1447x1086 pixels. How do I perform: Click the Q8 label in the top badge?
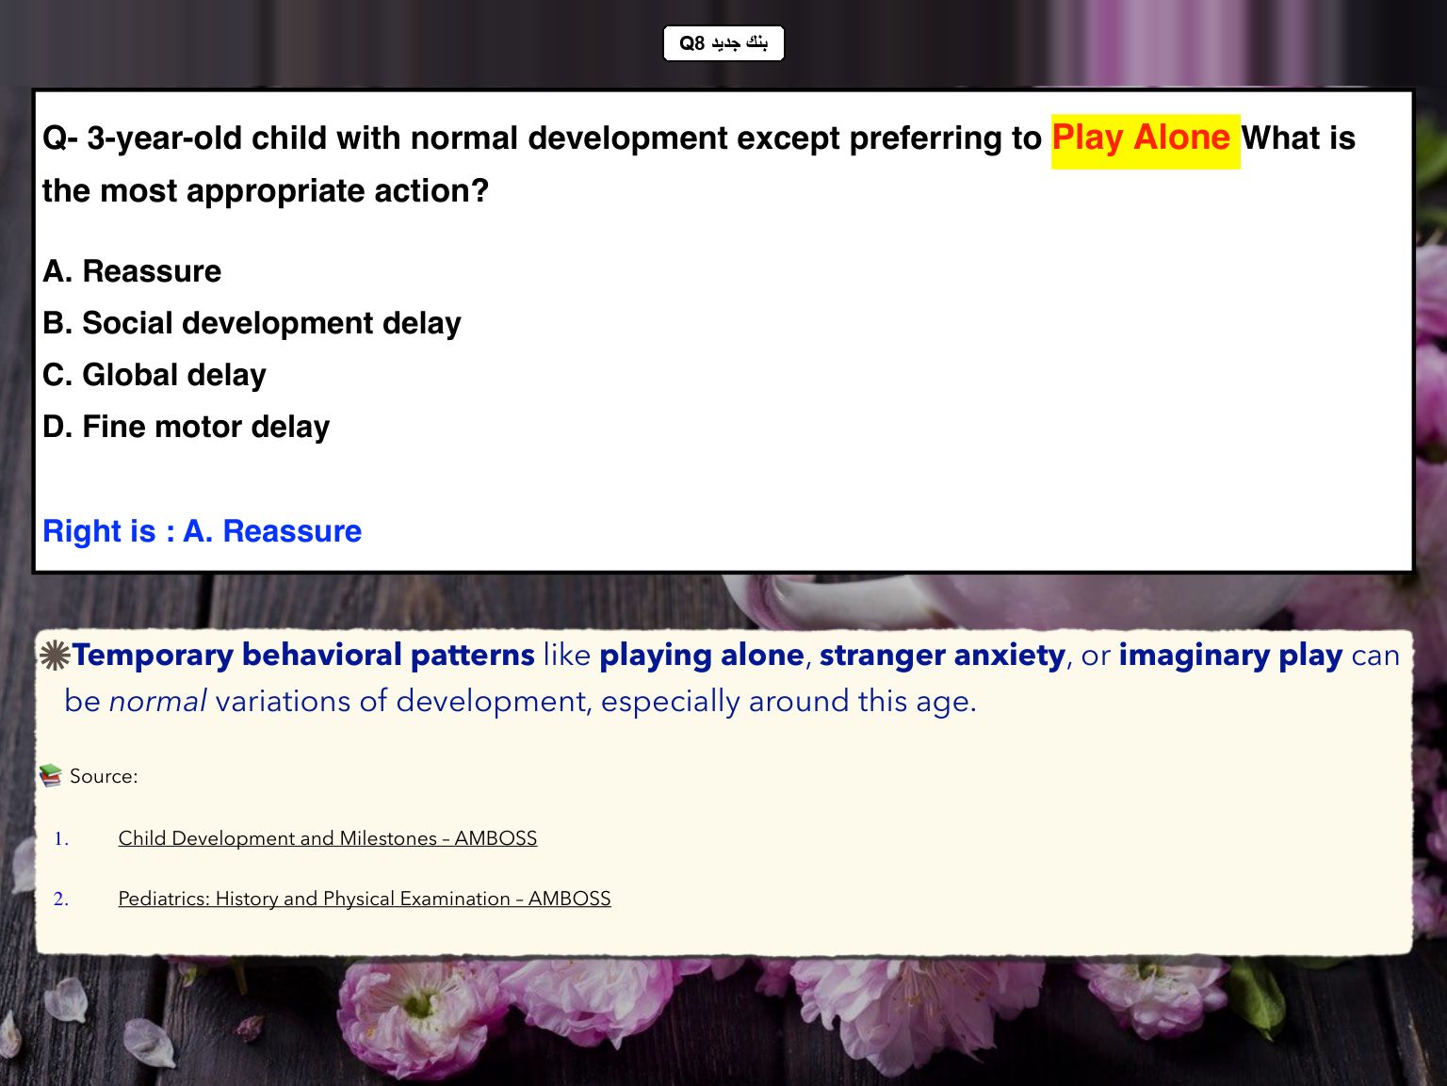pyautogui.click(x=691, y=43)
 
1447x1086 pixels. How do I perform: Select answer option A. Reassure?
pyautogui.click(x=132, y=271)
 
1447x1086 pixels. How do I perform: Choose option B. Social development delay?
pyautogui.click(x=252, y=324)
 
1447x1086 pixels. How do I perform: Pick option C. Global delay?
pyautogui.click(x=154, y=375)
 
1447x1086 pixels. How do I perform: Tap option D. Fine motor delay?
pyautogui.click(x=186, y=427)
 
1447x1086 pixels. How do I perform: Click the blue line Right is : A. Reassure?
pyautogui.click(x=202, y=531)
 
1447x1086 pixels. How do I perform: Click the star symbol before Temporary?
pyautogui.click(x=55, y=656)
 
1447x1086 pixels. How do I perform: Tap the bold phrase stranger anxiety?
pyautogui.click(x=942, y=656)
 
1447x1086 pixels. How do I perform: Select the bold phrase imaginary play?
pyautogui.click(x=1230, y=656)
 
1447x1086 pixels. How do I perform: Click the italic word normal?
pyautogui.click(x=157, y=701)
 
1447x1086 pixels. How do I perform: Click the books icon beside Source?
pyautogui.click(x=51, y=775)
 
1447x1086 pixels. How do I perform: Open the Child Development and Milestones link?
pyautogui.click(x=328, y=838)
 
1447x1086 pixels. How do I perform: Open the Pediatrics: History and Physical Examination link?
pyautogui.click(x=365, y=899)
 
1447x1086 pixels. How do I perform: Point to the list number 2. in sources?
pyautogui.click(x=60, y=899)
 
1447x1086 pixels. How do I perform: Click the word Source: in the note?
pyautogui.click(x=105, y=776)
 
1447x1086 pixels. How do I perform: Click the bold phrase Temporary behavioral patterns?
pyautogui.click(x=303, y=656)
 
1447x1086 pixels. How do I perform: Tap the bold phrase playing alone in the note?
pyautogui.click(x=702, y=656)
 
